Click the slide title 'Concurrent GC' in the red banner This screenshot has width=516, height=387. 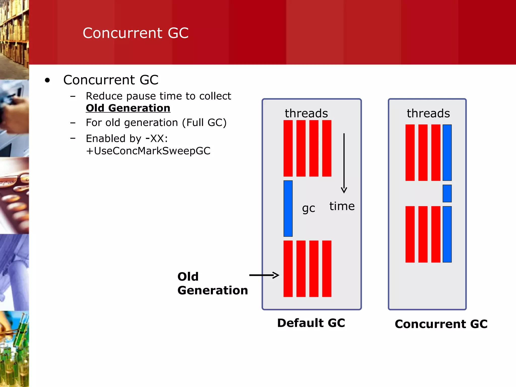point(136,33)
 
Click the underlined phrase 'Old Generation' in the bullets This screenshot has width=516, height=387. point(128,108)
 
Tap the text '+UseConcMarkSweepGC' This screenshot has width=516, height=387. point(148,151)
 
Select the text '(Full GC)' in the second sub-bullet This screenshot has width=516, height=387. point(204,123)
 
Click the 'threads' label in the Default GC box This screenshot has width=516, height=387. point(306,113)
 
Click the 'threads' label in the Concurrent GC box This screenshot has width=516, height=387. point(428,113)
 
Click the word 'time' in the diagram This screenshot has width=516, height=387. point(342,206)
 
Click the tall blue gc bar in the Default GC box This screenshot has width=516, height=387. point(288,208)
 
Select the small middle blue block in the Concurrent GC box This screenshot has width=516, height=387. point(447,193)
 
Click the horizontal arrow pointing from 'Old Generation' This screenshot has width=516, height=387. point(264,275)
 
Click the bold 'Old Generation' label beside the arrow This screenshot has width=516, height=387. point(212,283)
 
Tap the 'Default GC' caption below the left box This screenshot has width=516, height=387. point(311,323)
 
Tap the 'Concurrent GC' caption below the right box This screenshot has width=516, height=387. point(441,324)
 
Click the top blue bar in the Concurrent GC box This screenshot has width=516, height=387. point(447,152)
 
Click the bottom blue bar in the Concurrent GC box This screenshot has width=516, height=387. point(447,234)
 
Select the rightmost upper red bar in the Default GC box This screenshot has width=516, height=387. point(327,148)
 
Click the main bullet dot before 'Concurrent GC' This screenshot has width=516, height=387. point(47,80)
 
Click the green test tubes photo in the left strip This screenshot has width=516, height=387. point(14,349)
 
